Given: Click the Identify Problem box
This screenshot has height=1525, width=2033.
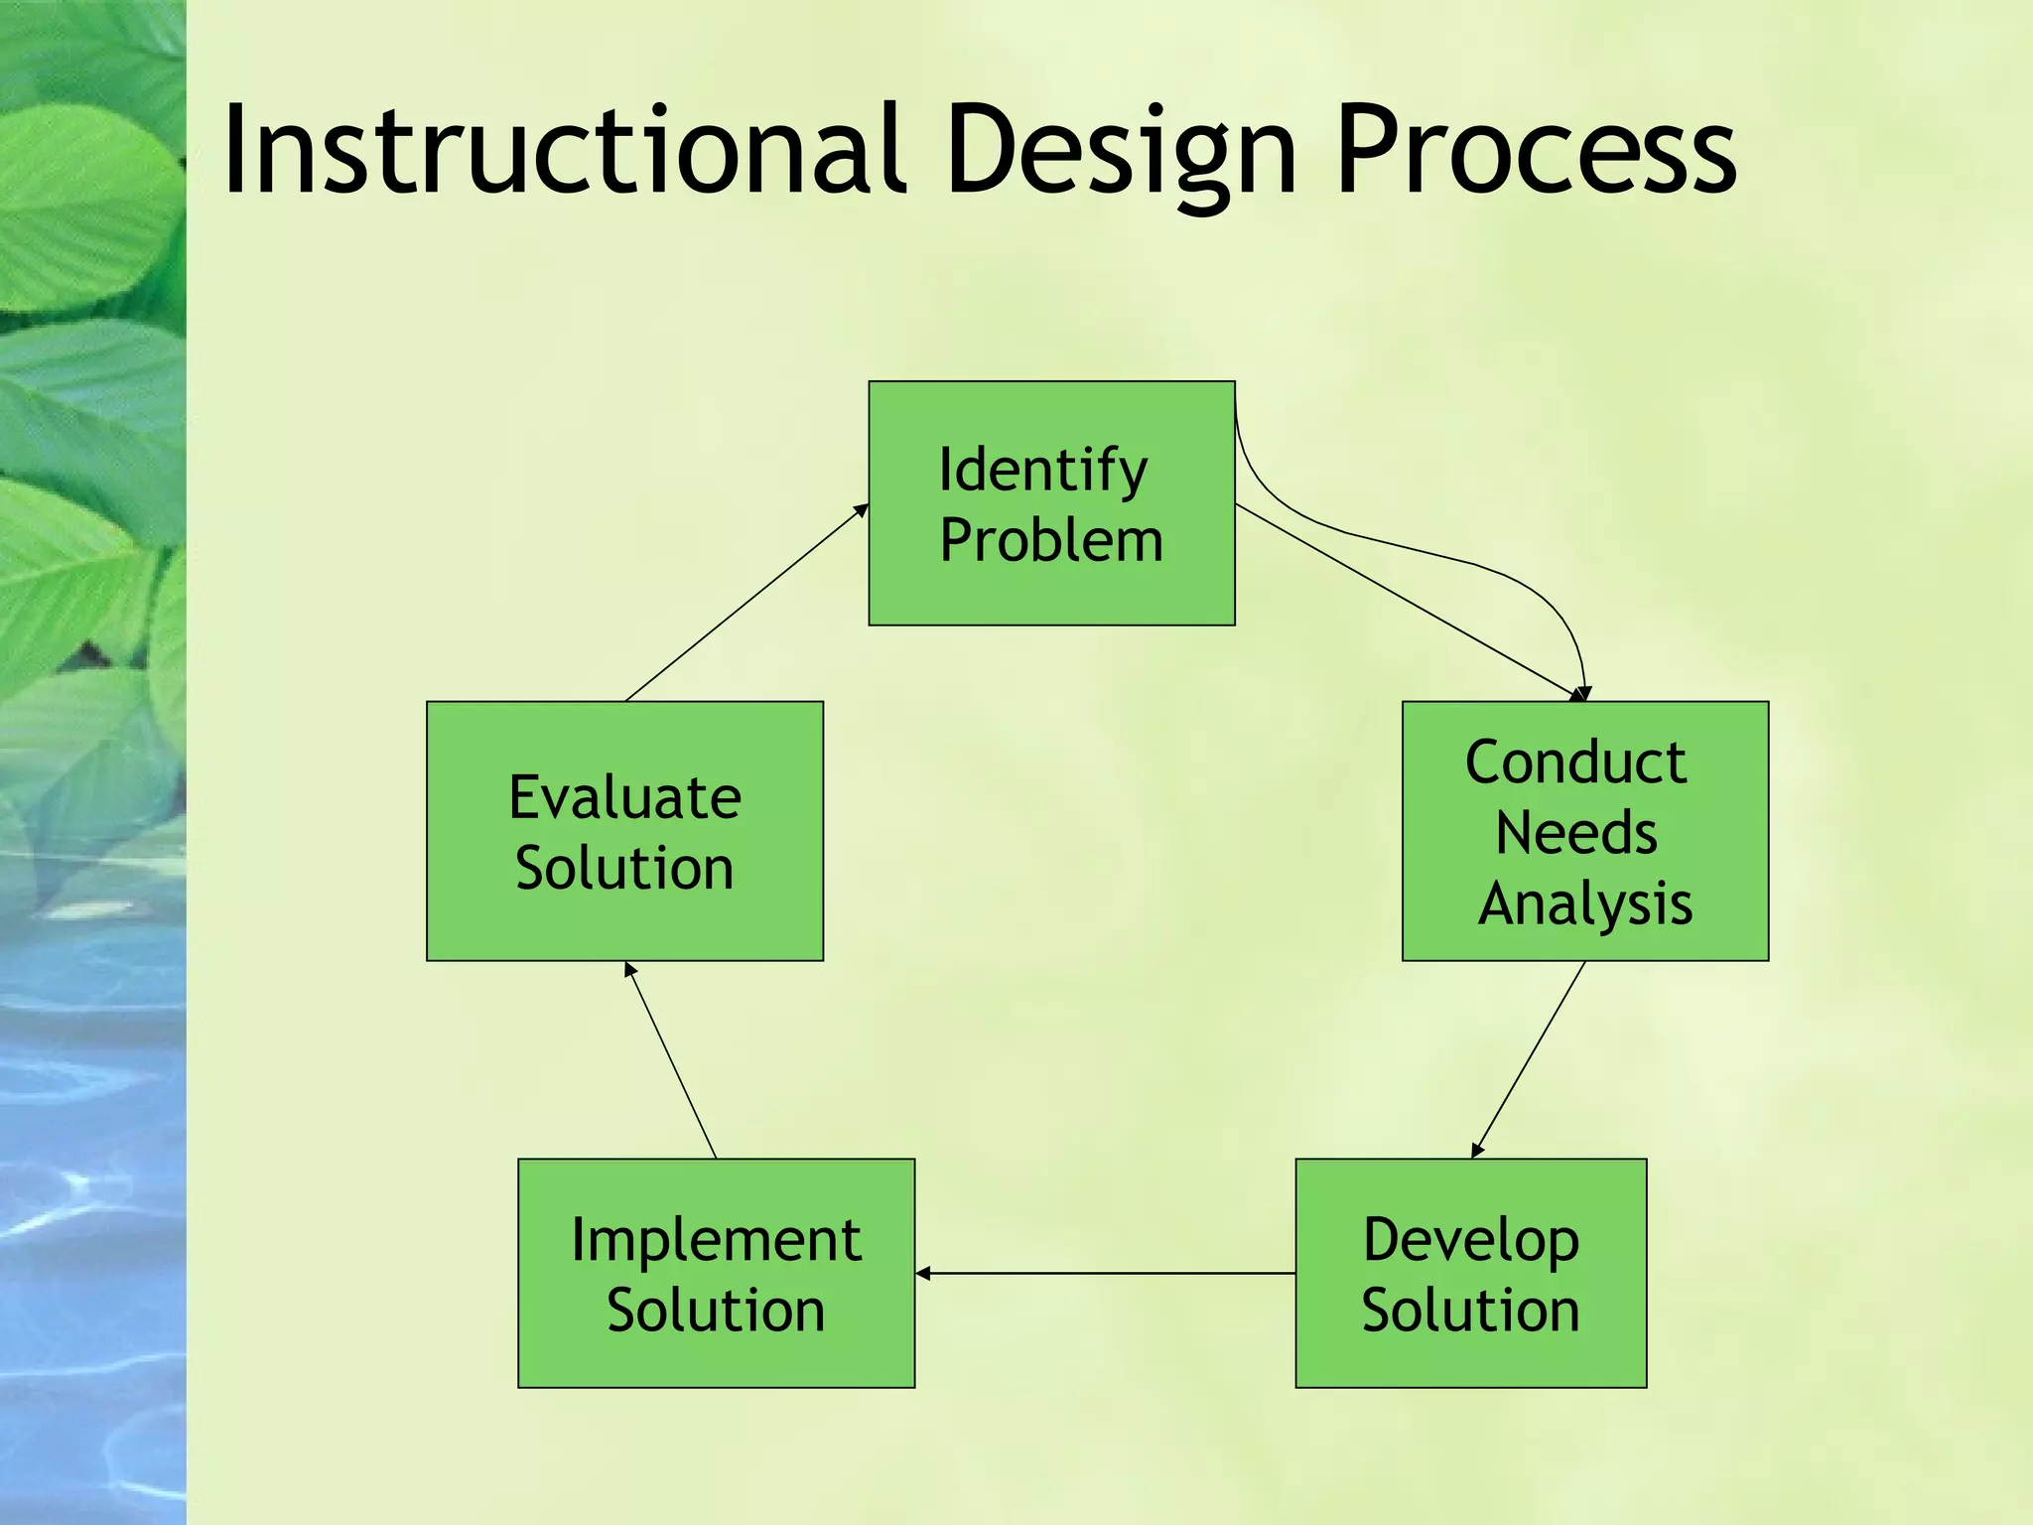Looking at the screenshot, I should point(1051,502).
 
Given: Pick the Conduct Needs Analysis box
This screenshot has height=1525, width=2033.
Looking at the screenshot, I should point(1584,830).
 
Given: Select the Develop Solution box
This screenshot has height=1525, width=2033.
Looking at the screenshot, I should point(1470,1272).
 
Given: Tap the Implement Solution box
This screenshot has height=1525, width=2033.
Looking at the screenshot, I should point(716,1272).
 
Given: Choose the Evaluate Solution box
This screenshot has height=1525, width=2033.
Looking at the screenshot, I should point(624,830).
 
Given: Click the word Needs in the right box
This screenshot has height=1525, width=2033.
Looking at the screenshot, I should point(1575,832).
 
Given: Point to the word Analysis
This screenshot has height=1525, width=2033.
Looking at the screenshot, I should point(1584,903).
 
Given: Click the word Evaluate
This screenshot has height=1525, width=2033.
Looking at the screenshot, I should point(624,796).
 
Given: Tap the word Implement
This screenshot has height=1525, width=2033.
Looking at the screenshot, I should point(716,1239).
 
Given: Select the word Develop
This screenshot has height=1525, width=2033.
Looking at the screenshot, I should point(1470,1239).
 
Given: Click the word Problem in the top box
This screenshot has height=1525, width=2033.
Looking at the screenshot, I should point(1051,540).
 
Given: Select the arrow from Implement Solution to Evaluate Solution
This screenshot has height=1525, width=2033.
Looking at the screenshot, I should point(671,1060).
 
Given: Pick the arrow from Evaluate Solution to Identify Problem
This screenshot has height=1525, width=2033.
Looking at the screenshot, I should point(746,603).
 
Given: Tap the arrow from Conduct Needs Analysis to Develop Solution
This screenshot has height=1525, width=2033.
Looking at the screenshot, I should point(1529,1058).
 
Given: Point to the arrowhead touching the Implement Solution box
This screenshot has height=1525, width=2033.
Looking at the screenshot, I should point(922,1272).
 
